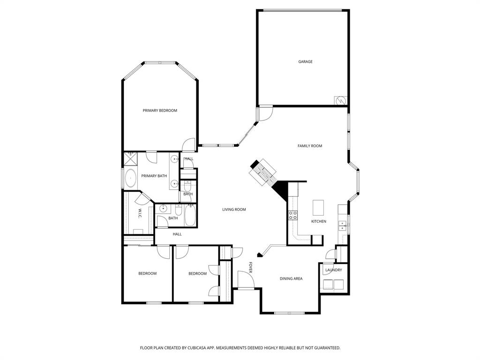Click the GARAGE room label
pos(306,61)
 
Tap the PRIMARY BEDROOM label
pos(160,110)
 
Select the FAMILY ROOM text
pos(310,146)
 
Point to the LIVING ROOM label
pos(234,210)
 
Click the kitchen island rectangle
pos(318,206)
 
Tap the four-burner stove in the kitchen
pos(292,215)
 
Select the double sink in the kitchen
pos(343,226)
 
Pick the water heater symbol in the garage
pos(340,101)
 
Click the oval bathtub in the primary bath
pos(130,179)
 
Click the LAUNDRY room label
pos(333,270)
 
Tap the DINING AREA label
pos(291,278)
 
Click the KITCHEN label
pos(319,221)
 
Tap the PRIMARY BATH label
pos(154,176)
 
